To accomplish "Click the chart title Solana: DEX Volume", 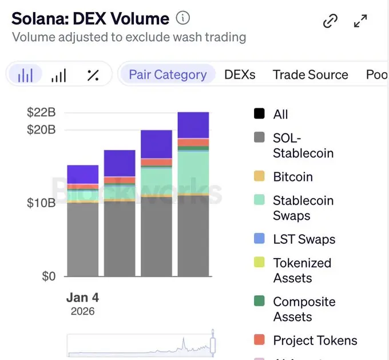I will point(90,18).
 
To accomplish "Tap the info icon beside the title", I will point(182,18).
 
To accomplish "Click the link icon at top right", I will point(330,22).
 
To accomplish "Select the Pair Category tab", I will point(167,74).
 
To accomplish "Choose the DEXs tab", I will point(240,74).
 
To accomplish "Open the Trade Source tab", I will point(310,74).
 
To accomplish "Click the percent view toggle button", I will point(93,75).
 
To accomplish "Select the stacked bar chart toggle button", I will point(26,75).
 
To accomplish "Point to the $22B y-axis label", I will point(41,112).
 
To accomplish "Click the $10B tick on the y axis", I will point(41,203).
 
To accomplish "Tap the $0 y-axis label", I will point(49,276).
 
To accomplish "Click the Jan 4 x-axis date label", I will point(82,298).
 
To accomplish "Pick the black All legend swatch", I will point(259,114).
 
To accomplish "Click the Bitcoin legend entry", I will point(292,177).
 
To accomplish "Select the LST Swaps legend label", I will point(304,239).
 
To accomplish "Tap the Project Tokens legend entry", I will point(315,341).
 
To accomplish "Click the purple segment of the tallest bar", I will point(193,125).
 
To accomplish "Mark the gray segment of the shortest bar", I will point(82,239).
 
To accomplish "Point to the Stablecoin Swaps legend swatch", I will point(259,200).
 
